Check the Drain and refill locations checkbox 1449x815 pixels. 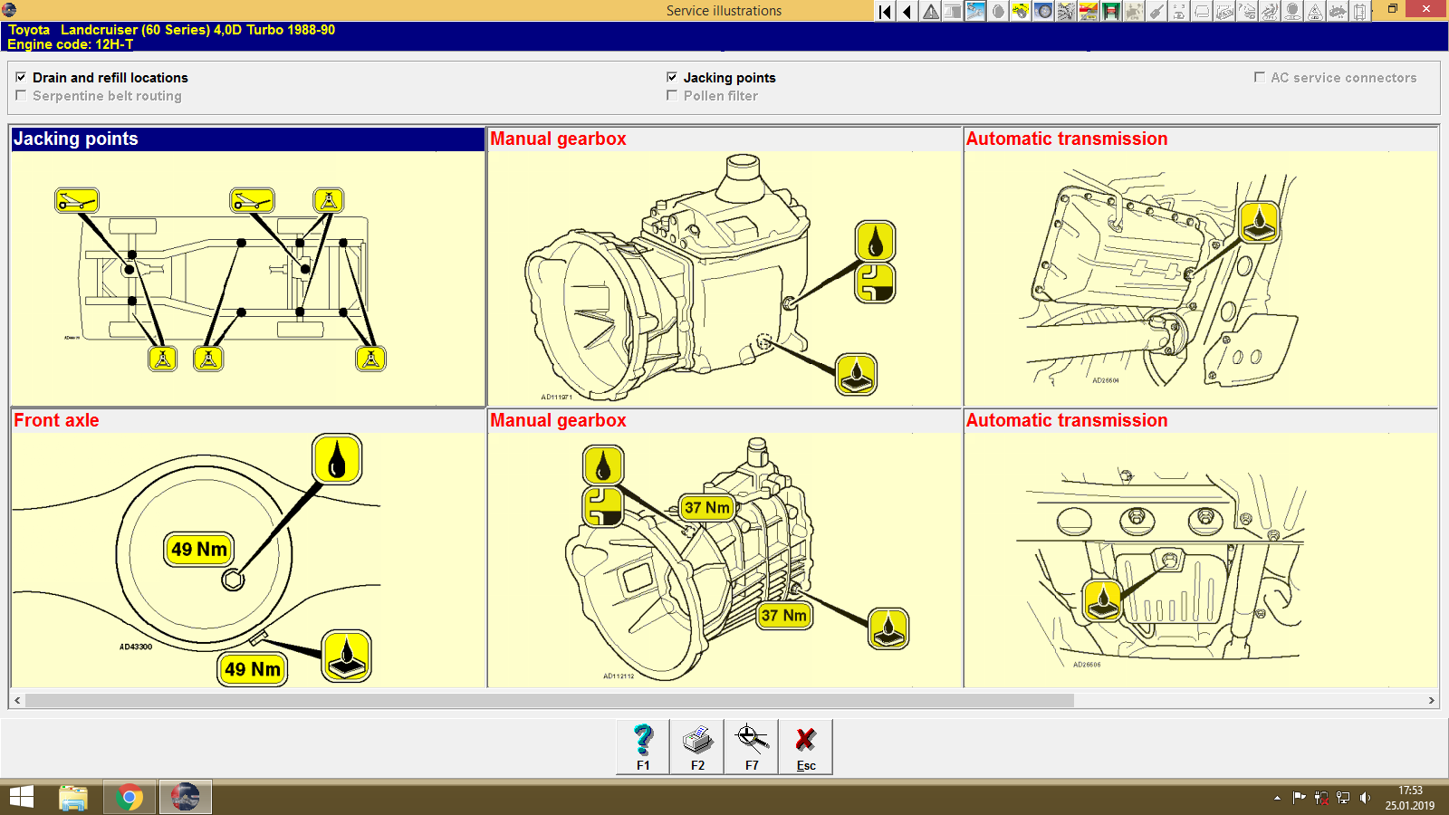(21, 77)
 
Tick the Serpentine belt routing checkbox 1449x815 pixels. (21, 95)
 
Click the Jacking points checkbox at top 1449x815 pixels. (672, 77)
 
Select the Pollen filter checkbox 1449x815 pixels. (672, 95)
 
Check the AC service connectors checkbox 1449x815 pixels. (1259, 77)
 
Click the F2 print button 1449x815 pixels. (697, 746)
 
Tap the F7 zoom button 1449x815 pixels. (752, 746)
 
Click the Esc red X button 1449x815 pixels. (805, 746)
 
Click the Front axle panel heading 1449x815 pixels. (56, 420)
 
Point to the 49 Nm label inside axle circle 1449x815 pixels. (199, 549)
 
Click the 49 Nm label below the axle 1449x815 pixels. (253, 669)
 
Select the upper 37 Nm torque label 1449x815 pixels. (706, 507)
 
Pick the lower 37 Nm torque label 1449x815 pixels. (784, 615)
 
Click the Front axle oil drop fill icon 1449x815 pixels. (337, 459)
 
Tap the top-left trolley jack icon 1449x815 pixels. (77, 200)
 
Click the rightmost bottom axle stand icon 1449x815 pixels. (370, 359)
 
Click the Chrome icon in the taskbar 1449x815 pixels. (130, 798)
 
